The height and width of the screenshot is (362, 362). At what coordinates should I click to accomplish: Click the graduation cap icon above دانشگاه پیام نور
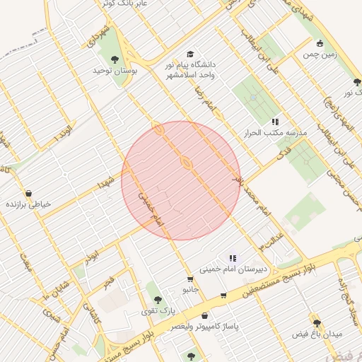point(189,54)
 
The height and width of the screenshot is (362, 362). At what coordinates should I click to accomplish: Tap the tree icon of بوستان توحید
point(115,59)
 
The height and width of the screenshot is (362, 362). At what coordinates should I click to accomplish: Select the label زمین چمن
point(320,54)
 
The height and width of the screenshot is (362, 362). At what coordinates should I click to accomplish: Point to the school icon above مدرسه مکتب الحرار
point(275,122)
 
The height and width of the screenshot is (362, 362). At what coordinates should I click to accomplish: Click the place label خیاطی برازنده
point(29,204)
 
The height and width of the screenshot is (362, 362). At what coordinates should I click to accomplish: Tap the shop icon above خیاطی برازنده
point(28,193)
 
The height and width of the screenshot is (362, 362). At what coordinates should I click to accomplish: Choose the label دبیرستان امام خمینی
point(233,269)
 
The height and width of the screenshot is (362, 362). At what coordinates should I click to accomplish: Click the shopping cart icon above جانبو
point(189,279)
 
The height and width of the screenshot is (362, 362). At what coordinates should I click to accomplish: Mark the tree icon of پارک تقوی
point(158,300)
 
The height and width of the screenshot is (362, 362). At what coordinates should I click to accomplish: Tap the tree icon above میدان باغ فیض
point(317,322)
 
